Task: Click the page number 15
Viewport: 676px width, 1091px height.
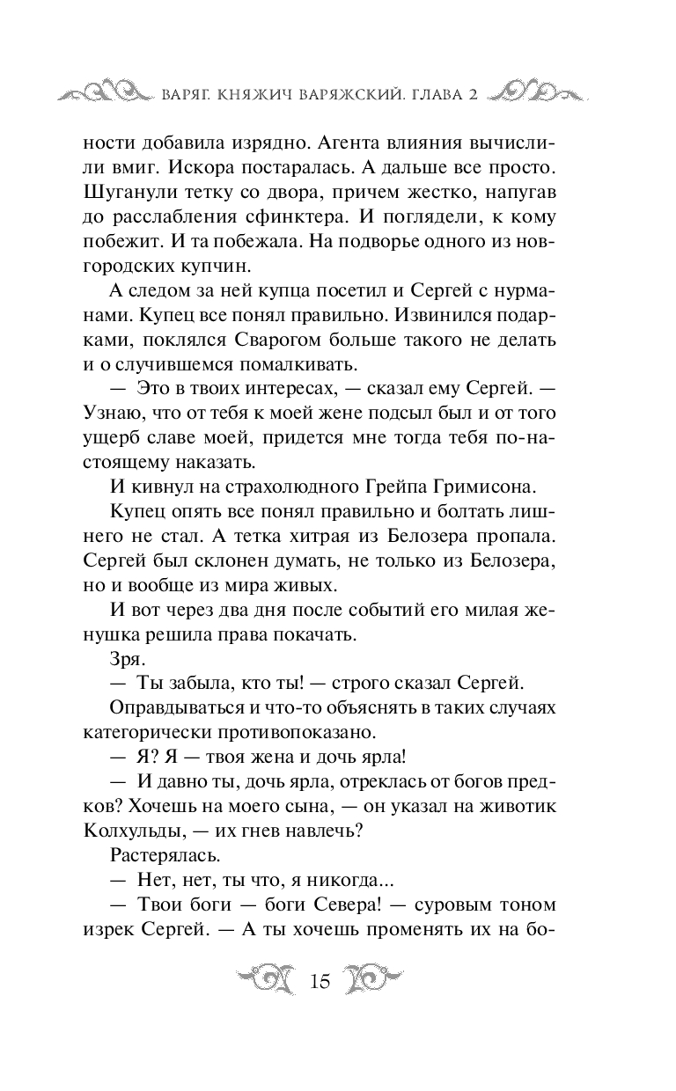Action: pyautogui.click(x=320, y=981)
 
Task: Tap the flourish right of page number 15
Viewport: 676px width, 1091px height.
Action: pyautogui.click(x=374, y=979)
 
